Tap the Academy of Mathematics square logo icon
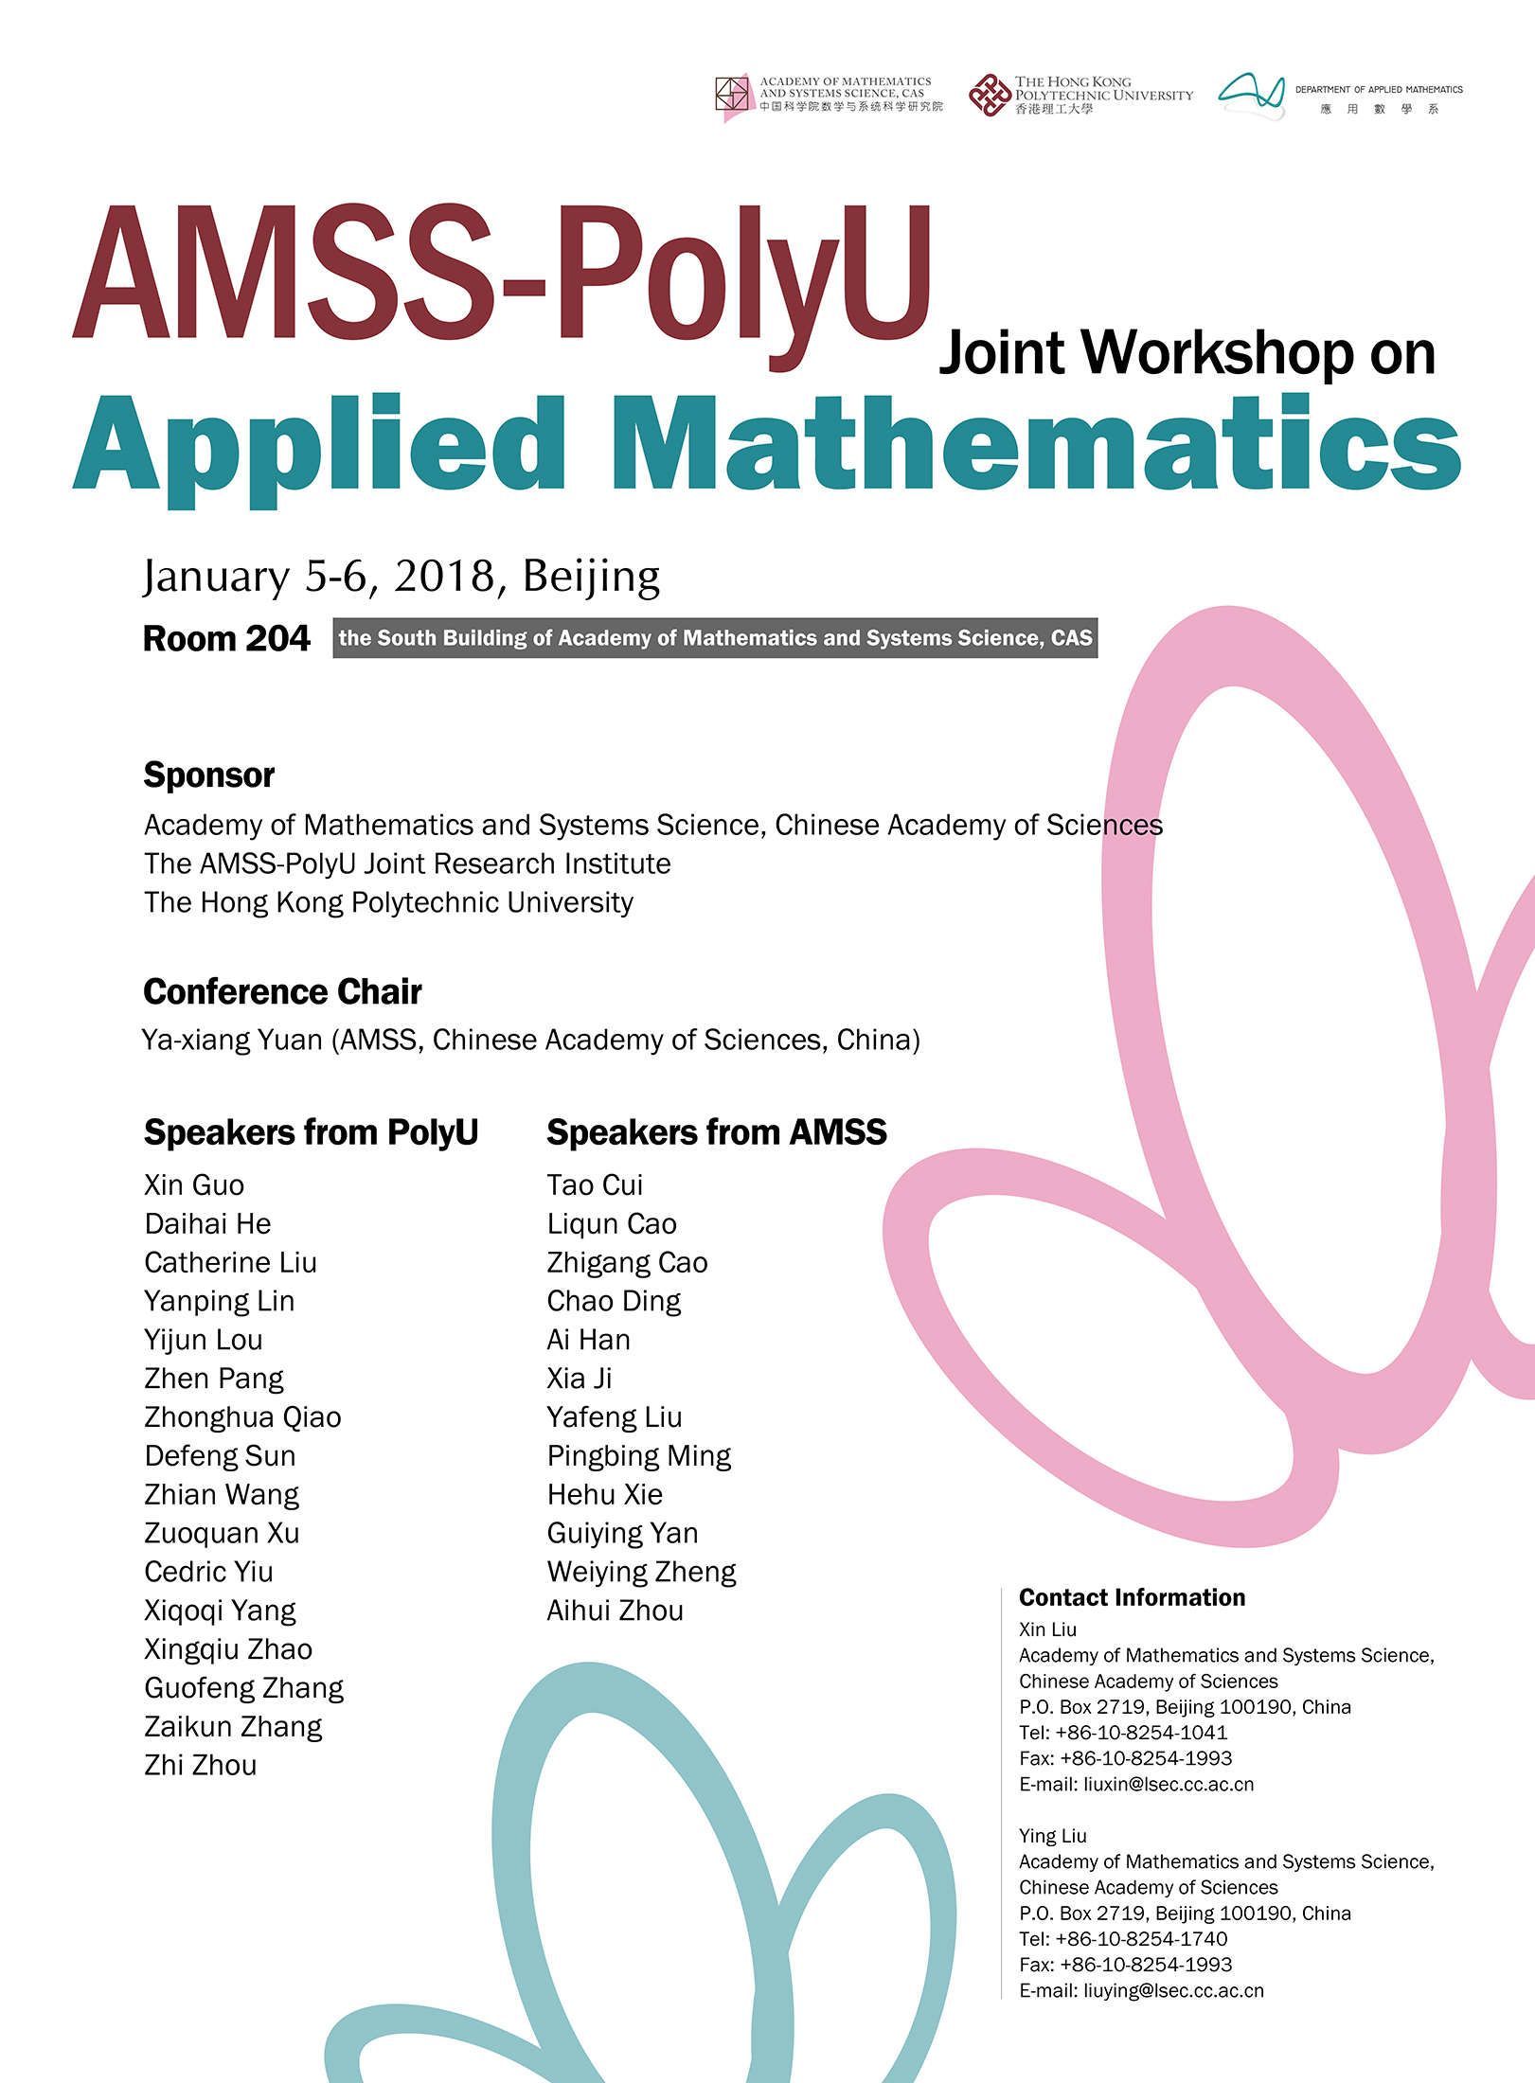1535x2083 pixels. (733, 96)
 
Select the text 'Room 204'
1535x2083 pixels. (226, 639)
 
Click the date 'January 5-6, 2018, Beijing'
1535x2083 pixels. (402, 576)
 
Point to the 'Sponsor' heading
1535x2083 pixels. (209, 775)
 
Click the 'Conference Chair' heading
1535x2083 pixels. (282, 992)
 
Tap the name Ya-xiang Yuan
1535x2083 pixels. (233, 1040)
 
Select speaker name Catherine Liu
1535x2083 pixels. (230, 1262)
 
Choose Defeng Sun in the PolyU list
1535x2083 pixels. (220, 1455)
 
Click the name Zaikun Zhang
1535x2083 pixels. (233, 1726)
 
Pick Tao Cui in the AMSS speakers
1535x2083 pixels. (595, 1184)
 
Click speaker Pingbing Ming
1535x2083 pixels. (639, 1455)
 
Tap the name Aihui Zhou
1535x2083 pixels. (615, 1610)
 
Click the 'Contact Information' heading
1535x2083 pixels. (1132, 1597)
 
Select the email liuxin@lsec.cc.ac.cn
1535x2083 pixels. (1169, 1784)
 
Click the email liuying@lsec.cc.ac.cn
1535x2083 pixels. (1173, 1990)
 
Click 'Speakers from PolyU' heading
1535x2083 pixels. (311, 1132)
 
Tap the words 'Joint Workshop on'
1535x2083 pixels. (1187, 353)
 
